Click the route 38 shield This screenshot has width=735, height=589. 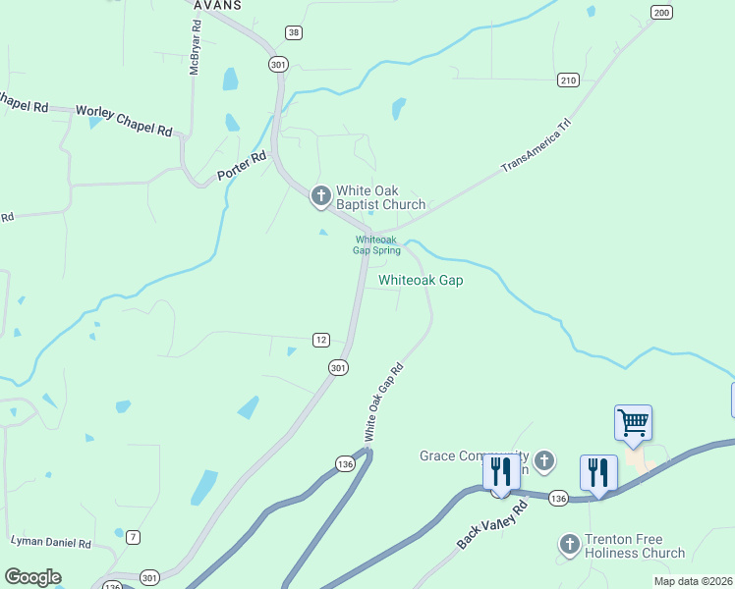pos(293,32)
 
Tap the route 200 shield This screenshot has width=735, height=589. pos(661,12)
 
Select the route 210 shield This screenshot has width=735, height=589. pos(567,79)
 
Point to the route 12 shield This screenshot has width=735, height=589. pos(320,340)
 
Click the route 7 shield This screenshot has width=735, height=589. pos(133,536)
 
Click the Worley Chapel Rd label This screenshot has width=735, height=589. pos(124,122)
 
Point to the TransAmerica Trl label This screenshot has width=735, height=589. pos(536,148)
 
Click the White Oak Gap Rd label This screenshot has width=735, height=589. pos(383,402)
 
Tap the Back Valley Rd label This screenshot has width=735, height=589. pos(492,525)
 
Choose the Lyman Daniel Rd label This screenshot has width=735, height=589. pos(50,542)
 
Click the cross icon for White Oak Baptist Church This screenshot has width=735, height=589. pos(320,197)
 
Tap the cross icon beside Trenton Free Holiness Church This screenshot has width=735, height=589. pos(569,545)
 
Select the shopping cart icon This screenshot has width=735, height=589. pos(633,423)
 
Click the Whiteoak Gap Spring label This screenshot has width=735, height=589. pos(376,244)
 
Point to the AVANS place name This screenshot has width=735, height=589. pos(216,5)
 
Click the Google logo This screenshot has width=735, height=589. pos(32,577)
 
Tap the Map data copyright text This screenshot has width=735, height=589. pos(693,581)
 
